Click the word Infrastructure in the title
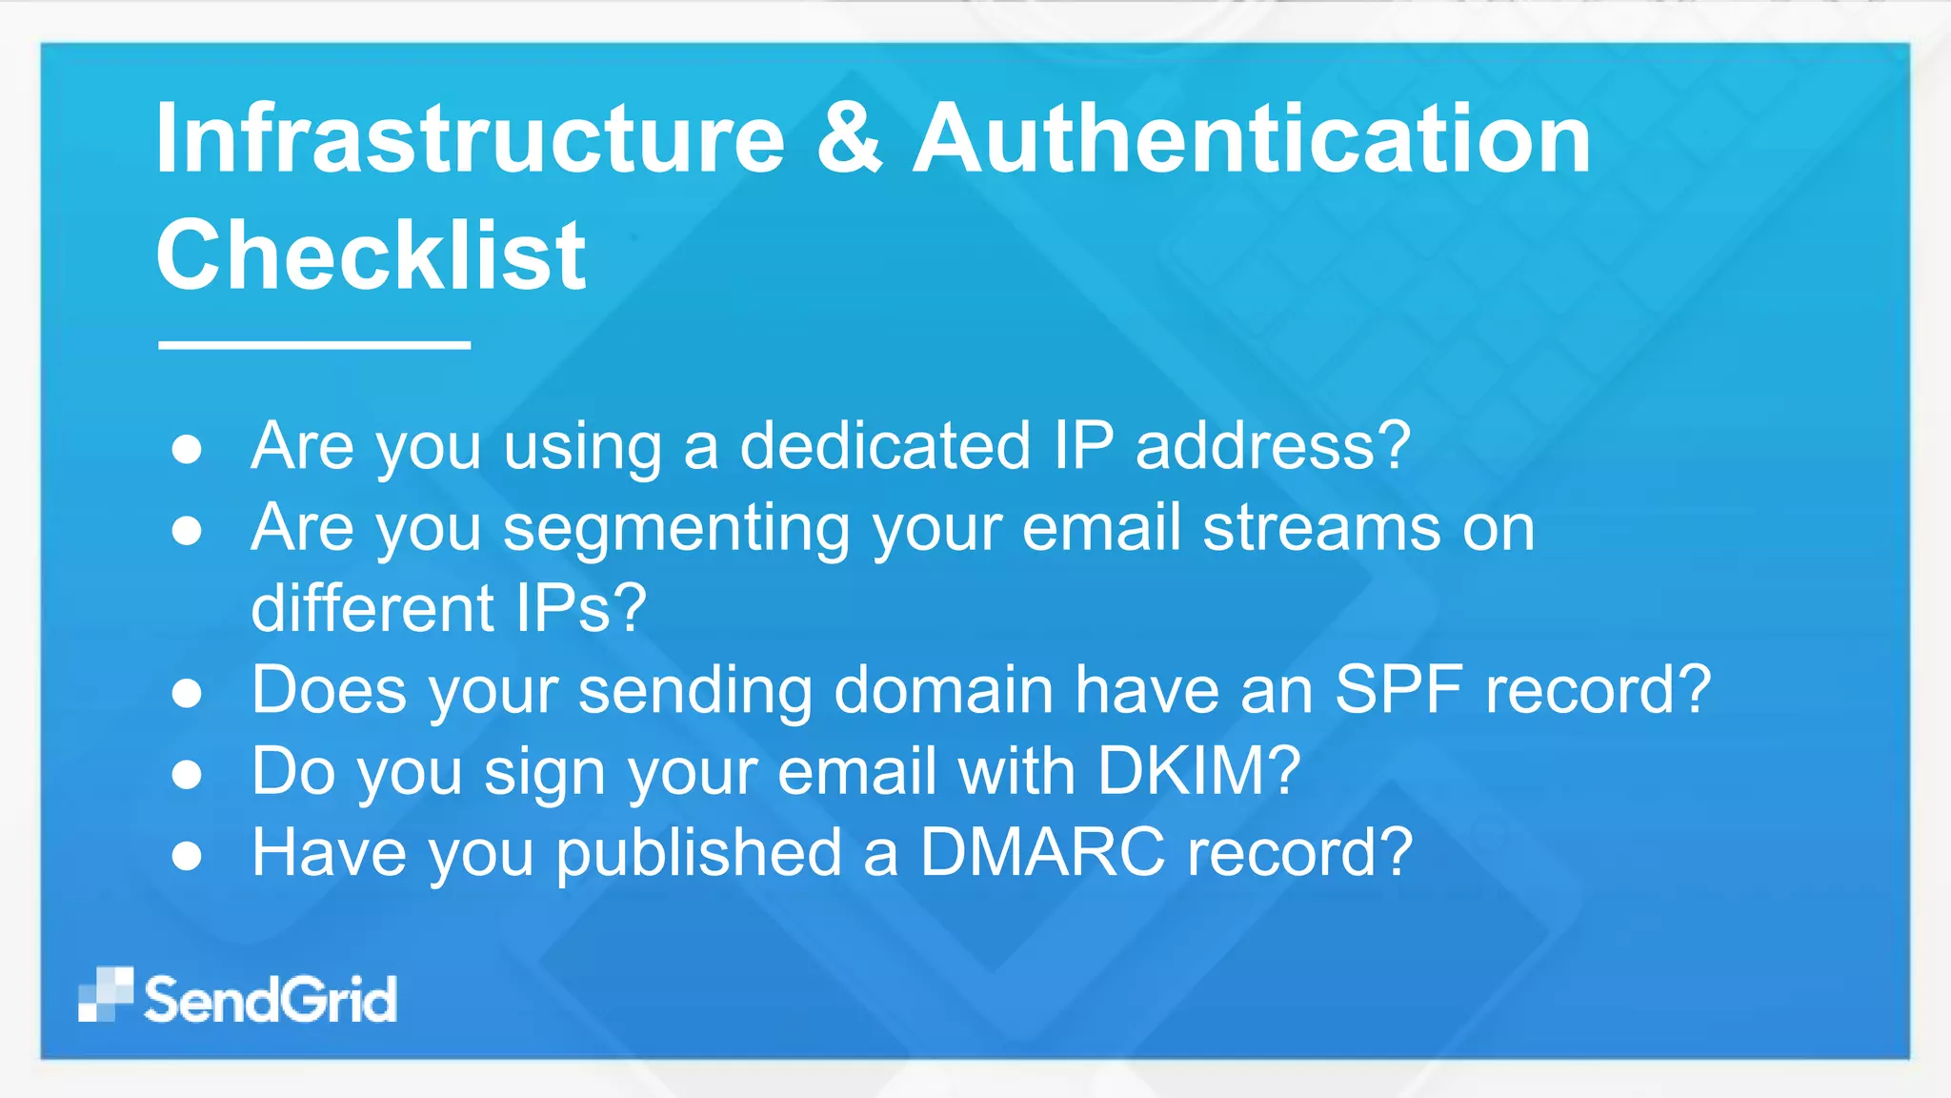coord(470,139)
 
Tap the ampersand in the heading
coord(849,139)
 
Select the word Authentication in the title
coord(1252,139)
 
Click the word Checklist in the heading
coord(371,255)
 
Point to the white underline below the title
coord(314,345)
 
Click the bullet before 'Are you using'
coord(187,449)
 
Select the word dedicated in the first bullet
coord(885,445)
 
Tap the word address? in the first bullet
coord(1273,445)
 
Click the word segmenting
coord(676,530)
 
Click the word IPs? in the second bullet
coord(581,608)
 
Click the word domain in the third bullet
coord(943,689)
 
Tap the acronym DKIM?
coord(1198,770)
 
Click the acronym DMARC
coord(1042,851)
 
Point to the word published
coord(699,853)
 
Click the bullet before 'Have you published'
coord(187,855)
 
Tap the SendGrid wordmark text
coord(271,1000)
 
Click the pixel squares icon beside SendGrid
coord(106,995)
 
